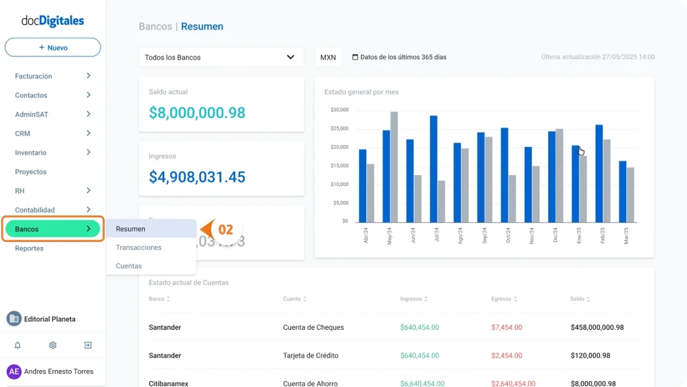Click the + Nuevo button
click(x=53, y=48)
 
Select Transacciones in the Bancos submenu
click(x=138, y=247)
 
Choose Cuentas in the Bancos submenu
click(x=129, y=266)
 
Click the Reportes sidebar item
click(x=30, y=248)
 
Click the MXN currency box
click(x=328, y=57)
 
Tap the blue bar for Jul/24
click(x=433, y=168)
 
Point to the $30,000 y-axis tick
click(x=339, y=110)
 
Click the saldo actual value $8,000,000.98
click(x=197, y=113)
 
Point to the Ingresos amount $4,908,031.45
click(x=197, y=177)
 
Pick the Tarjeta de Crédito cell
click(x=311, y=355)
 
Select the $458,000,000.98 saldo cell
click(x=597, y=327)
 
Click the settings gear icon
click(x=52, y=345)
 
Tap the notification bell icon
click(x=18, y=345)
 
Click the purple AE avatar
click(x=14, y=372)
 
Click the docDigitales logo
click(x=53, y=21)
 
